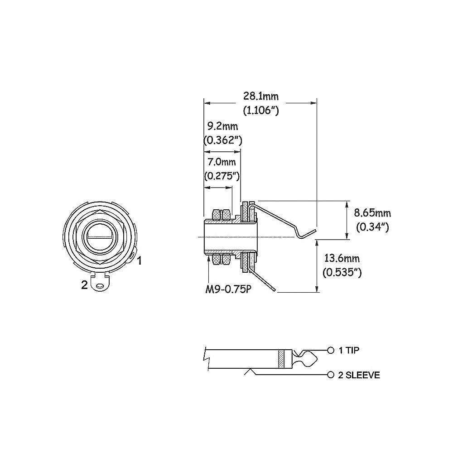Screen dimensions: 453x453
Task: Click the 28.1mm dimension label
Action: pos(261,96)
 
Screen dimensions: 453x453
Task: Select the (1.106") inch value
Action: pos(261,111)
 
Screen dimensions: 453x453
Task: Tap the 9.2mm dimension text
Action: pos(223,126)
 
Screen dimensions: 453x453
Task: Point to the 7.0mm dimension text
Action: pos(222,162)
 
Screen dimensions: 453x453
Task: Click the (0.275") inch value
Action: pos(222,176)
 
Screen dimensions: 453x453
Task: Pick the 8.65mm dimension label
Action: pos(372,213)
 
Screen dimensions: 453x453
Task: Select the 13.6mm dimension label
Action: pos(342,258)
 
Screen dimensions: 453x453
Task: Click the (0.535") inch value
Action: pos(342,272)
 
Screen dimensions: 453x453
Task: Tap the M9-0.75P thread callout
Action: pos(227,289)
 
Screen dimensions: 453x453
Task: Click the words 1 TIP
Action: pos(349,351)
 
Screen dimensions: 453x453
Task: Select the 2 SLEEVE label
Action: pos(359,375)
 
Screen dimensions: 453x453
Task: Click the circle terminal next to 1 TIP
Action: pos(331,351)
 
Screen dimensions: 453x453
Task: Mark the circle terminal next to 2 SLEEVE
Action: pos(331,375)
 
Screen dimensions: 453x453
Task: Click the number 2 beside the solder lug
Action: pos(84,285)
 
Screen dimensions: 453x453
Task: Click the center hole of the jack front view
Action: pos(100,237)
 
